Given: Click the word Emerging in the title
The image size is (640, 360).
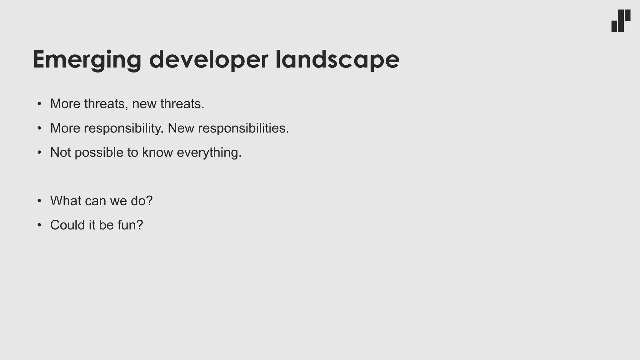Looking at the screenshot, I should (87, 59).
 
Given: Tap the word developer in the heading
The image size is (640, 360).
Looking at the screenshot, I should (208, 59).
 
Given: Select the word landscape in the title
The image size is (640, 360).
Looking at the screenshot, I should (337, 59).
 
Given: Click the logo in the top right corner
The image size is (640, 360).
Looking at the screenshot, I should (621, 21).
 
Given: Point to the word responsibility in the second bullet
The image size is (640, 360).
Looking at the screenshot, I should (124, 128).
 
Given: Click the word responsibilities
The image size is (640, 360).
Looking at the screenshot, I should (243, 128).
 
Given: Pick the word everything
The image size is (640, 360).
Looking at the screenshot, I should (209, 152).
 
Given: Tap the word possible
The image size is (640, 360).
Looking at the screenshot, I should (99, 152).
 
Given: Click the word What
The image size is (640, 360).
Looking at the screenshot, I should (66, 201).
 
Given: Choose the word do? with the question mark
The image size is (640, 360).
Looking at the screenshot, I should (142, 201).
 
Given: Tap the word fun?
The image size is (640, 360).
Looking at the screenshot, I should (130, 225).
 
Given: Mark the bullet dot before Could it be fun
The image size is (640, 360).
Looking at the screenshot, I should (39, 225).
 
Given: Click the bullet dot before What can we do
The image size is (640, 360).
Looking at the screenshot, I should (39, 201).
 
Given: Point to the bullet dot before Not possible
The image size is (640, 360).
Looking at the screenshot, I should (39, 152).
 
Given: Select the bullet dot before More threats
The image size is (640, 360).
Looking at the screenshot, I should (39, 104).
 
